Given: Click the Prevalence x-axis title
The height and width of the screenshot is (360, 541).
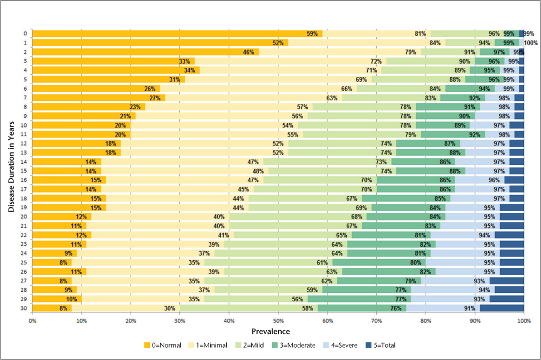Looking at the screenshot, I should point(278,331).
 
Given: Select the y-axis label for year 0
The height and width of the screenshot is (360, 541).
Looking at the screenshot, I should point(25,34).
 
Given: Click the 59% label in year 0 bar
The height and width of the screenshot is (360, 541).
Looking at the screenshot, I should point(312,34).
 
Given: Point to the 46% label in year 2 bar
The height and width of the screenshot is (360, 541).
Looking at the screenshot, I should point(249,52).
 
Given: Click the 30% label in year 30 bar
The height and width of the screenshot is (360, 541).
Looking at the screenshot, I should point(170,308).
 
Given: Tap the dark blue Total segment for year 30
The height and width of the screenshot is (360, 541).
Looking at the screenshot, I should point(502,308).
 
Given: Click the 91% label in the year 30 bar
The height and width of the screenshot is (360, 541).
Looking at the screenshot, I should point(470,308).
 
